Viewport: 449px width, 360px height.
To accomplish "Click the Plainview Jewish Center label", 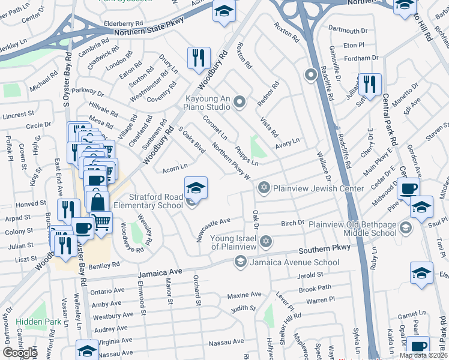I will click(x=318, y=188).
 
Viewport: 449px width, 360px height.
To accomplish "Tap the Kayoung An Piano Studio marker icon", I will click(x=240, y=103).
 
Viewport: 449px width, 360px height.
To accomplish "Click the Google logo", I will click(x=19, y=353).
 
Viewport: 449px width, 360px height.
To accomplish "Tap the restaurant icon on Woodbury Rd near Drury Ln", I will click(x=199, y=58).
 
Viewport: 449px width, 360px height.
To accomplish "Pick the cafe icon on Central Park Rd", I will click(x=408, y=188).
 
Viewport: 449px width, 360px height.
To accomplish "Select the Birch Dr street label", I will click(x=292, y=224).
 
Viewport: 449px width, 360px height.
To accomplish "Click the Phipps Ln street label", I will click(x=247, y=155).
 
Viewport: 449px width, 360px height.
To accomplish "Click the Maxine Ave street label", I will click(x=244, y=295).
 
